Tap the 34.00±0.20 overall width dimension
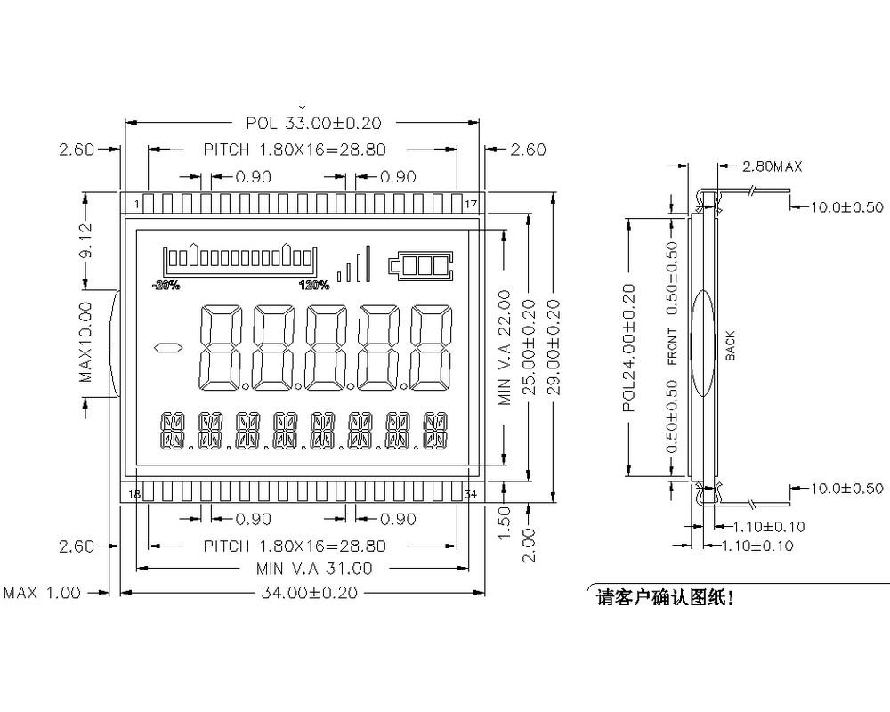pos(307,592)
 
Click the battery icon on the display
pos(419,264)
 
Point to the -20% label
pos(166,286)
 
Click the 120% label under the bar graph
pos(314,286)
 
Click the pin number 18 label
pos(135,494)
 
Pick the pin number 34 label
pos(472,494)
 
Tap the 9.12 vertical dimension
pos(86,240)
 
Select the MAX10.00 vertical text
pos(86,343)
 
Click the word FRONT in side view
pos(672,346)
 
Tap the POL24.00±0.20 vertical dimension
pos(629,347)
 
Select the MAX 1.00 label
pos(42,593)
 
